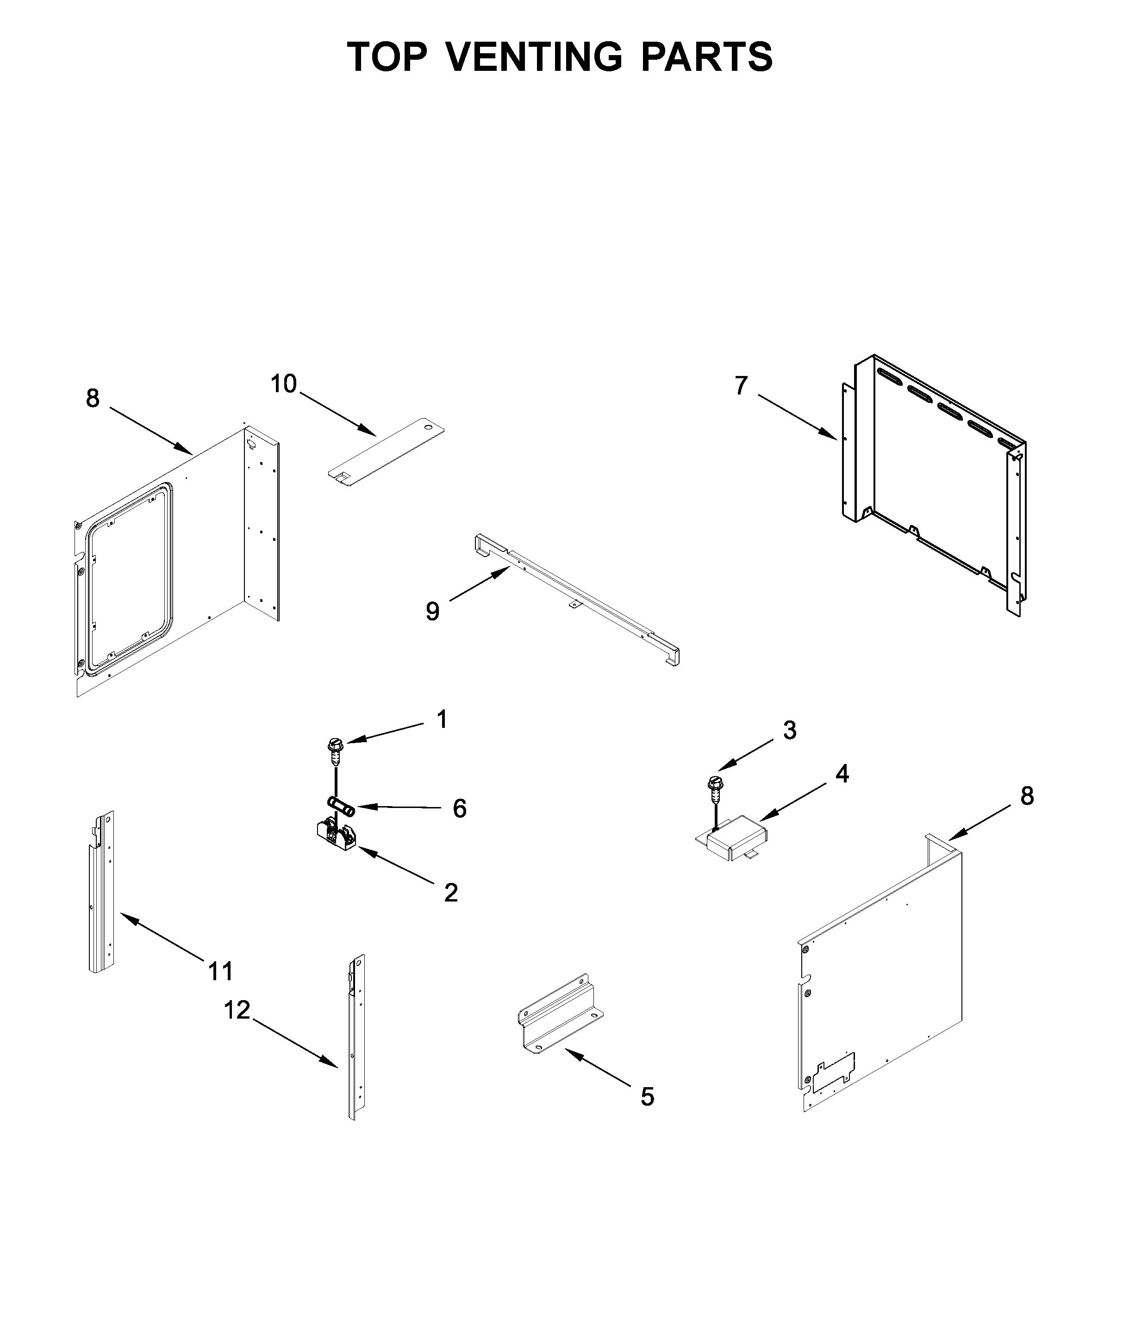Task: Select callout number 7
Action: tap(740, 386)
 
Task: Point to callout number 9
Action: tap(432, 611)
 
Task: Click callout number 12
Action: tap(237, 1010)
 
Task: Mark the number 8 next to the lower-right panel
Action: tap(1027, 796)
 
